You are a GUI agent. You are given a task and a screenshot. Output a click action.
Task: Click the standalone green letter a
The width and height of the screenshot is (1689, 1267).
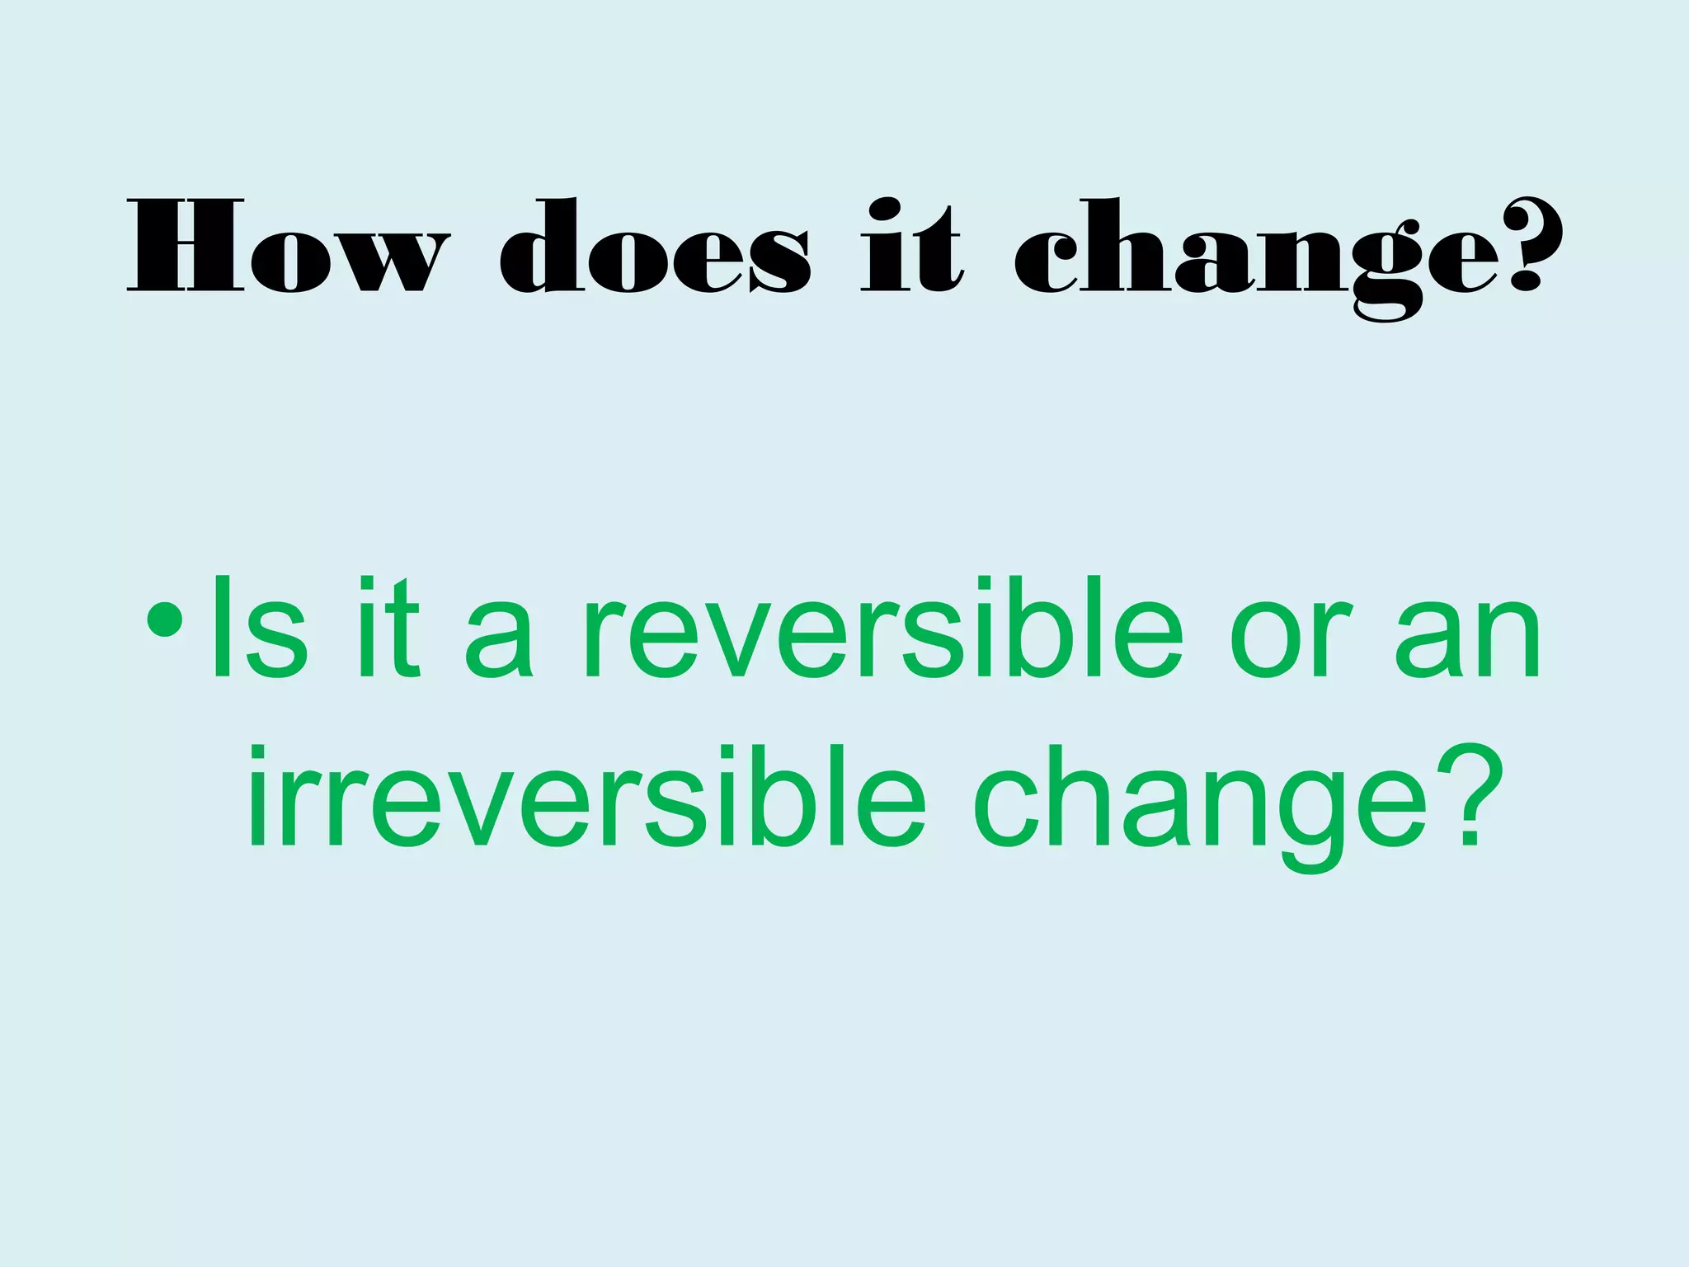(498, 639)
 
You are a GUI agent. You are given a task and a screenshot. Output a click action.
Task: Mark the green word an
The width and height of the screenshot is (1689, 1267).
(1467, 639)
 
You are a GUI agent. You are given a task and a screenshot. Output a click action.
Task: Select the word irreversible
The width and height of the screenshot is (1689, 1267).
(586, 796)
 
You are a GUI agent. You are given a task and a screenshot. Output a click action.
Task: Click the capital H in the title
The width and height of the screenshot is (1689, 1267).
(186, 246)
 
